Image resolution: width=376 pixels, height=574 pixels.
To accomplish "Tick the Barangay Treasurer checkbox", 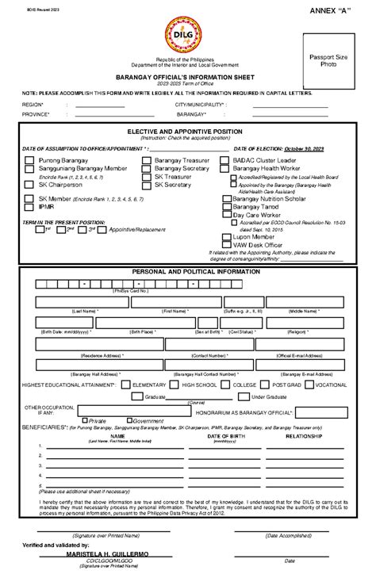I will tap(147, 160).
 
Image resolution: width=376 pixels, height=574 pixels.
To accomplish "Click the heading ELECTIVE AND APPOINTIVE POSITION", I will tap(188, 131).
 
